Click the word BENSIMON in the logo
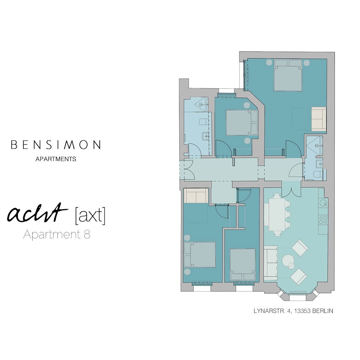tap(56, 145)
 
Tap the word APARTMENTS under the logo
tap(56, 159)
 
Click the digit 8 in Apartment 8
tap(86, 234)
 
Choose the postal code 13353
tap(302, 311)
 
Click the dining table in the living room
tap(277, 215)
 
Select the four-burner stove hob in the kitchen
tap(323, 220)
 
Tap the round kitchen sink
tap(323, 203)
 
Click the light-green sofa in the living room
tap(270, 264)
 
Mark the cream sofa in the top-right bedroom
tap(319, 119)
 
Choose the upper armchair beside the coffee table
tap(300, 248)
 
